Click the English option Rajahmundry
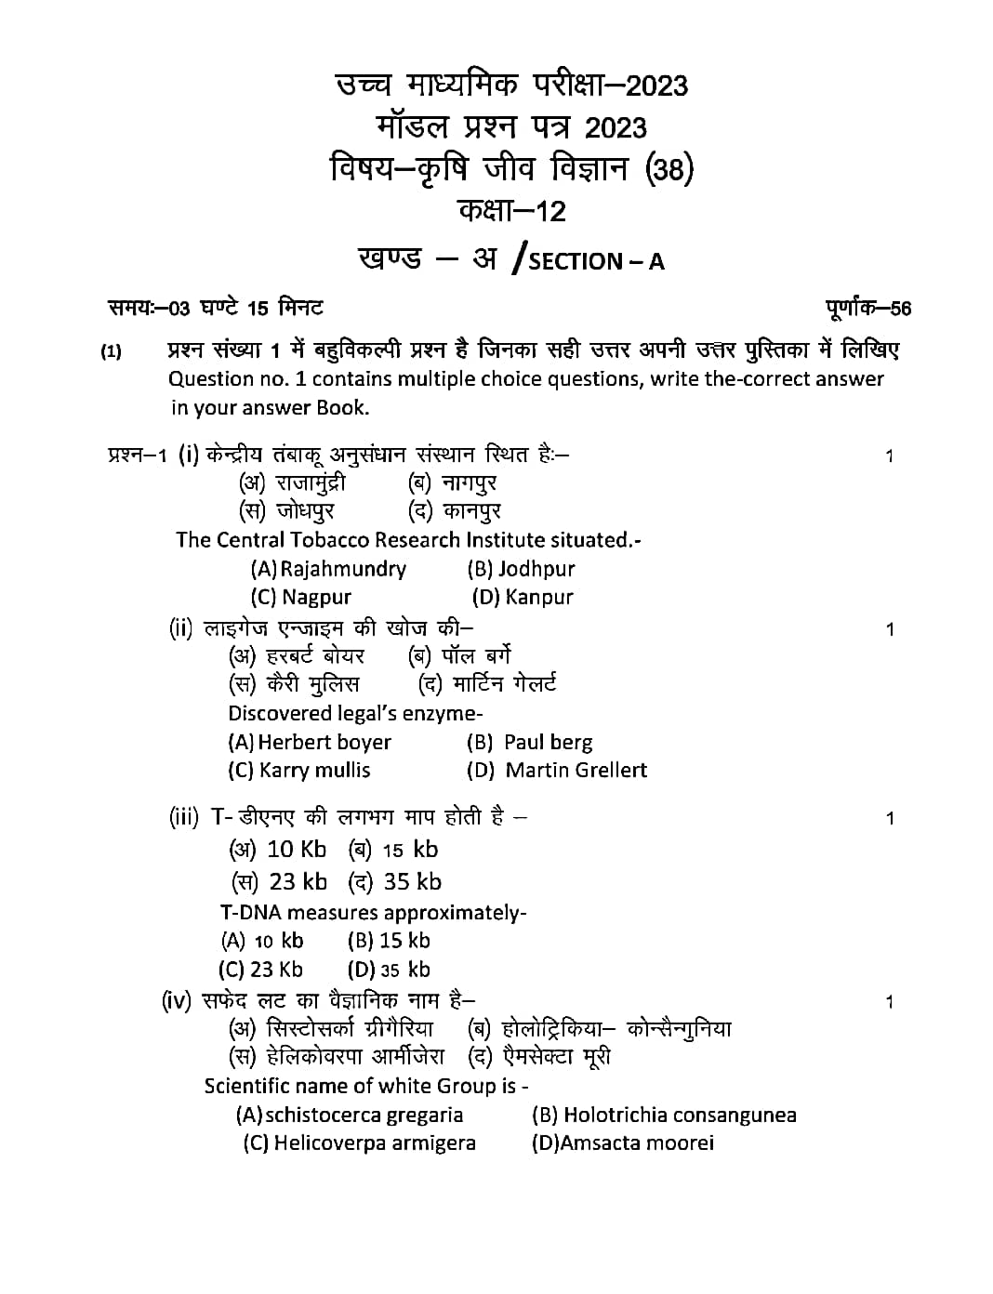[342, 569]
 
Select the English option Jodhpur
[536, 569]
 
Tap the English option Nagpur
[316, 598]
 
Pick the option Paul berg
[547, 743]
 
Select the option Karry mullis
[314, 771]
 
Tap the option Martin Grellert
[576, 771]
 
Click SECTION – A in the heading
[596, 261]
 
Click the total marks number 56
[900, 309]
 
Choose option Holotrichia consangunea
[679, 1116]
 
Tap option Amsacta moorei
[637, 1143]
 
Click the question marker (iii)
[184, 817]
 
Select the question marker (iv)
[177, 1001]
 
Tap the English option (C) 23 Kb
[261, 970]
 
